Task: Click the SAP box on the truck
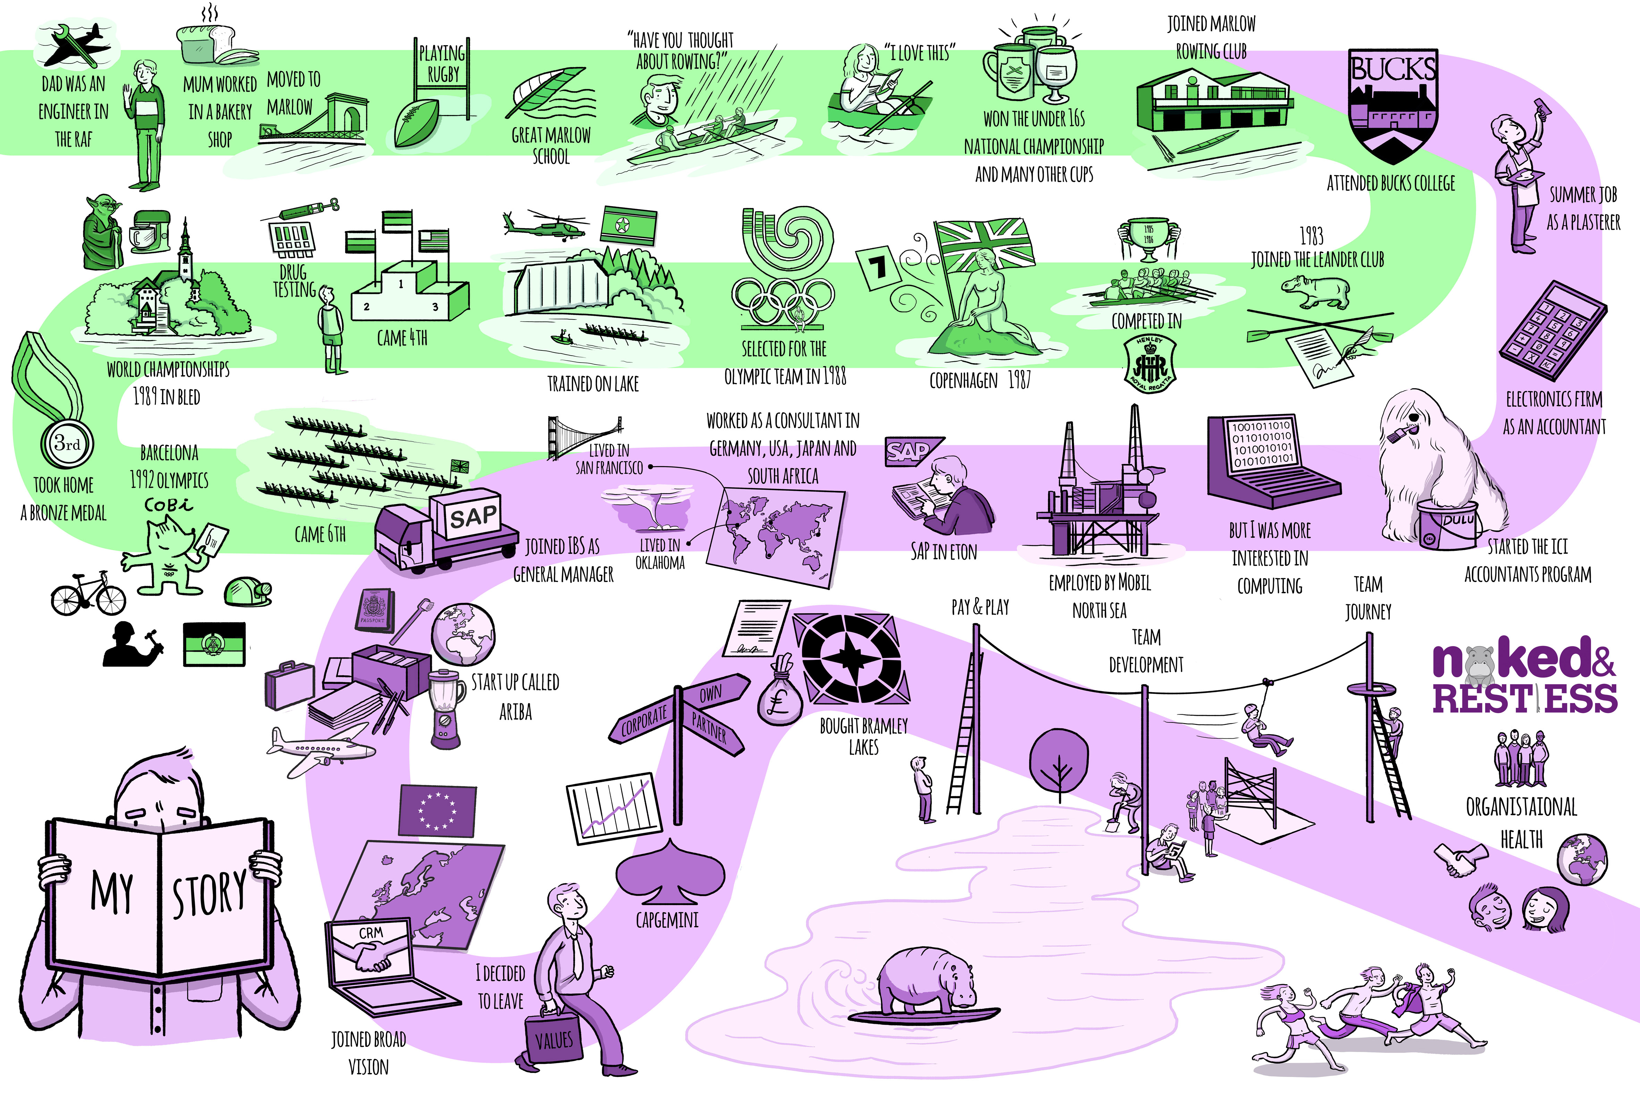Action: coord(474,517)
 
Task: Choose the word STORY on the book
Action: coord(209,893)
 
